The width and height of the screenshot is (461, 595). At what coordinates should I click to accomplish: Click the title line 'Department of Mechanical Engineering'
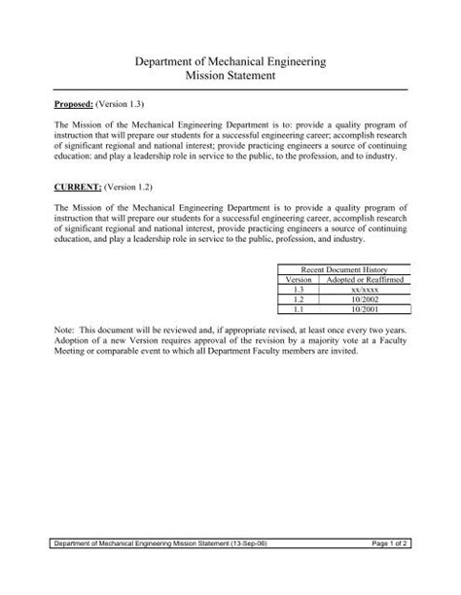(230, 62)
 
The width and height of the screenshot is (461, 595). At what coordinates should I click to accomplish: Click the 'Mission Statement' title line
(230, 78)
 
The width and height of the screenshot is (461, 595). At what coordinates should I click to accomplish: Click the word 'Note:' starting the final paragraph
(64, 332)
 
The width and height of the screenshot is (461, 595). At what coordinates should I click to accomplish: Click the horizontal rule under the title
(230, 90)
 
